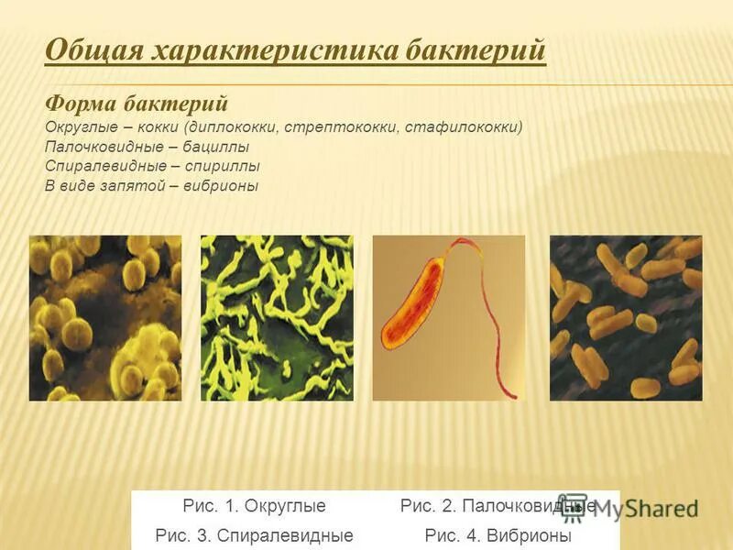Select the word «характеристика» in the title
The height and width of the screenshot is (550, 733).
point(268,49)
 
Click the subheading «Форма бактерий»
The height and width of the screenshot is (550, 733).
point(137,103)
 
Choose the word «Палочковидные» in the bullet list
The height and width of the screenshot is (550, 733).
point(100,147)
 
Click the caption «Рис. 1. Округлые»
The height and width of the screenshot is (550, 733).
point(255,506)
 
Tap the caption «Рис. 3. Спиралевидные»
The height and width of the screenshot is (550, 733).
point(255,535)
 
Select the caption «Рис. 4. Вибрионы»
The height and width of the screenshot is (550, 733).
point(498,535)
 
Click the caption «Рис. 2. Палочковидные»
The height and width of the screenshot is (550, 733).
point(498,506)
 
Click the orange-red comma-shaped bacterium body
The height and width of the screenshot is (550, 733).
point(413,306)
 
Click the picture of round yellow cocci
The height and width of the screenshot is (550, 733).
point(105,318)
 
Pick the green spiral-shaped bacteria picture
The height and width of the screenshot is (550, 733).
point(277,318)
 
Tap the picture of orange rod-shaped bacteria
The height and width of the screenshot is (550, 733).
point(626,318)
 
